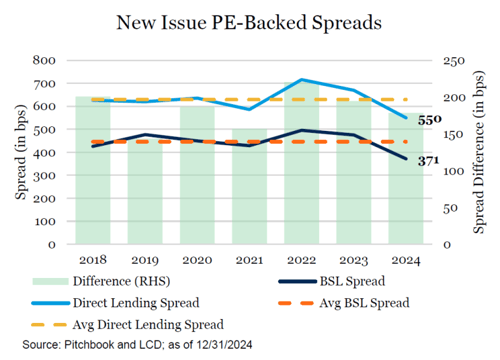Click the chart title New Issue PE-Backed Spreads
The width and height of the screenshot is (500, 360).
click(249, 23)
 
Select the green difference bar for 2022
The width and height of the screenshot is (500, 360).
click(302, 163)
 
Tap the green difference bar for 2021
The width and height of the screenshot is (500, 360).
click(250, 186)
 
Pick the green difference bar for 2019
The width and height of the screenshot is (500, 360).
click(145, 191)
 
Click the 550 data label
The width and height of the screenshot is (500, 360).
click(430, 120)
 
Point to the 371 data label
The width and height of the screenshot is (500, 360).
click(428, 161)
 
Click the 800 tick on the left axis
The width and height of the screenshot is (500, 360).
click(44, 60)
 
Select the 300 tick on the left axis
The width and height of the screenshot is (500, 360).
click(44, 175)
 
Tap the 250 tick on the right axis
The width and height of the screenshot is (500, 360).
click(454, 61)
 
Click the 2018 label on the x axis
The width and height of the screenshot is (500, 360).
click(93, 260)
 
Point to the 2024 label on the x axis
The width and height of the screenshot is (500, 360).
click(406, 260)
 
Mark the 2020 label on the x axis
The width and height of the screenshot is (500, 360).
click(197, 260)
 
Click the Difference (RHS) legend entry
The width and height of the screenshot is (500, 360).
click(101, 281)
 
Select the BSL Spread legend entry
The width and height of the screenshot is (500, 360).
click(332, 281)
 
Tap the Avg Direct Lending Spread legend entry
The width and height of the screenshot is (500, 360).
click(127, 325)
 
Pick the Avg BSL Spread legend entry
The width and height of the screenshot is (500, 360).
click(344, 303)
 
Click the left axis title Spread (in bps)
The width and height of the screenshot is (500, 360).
click(21, 152)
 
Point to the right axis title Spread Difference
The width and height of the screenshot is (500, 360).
click(479, 152)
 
